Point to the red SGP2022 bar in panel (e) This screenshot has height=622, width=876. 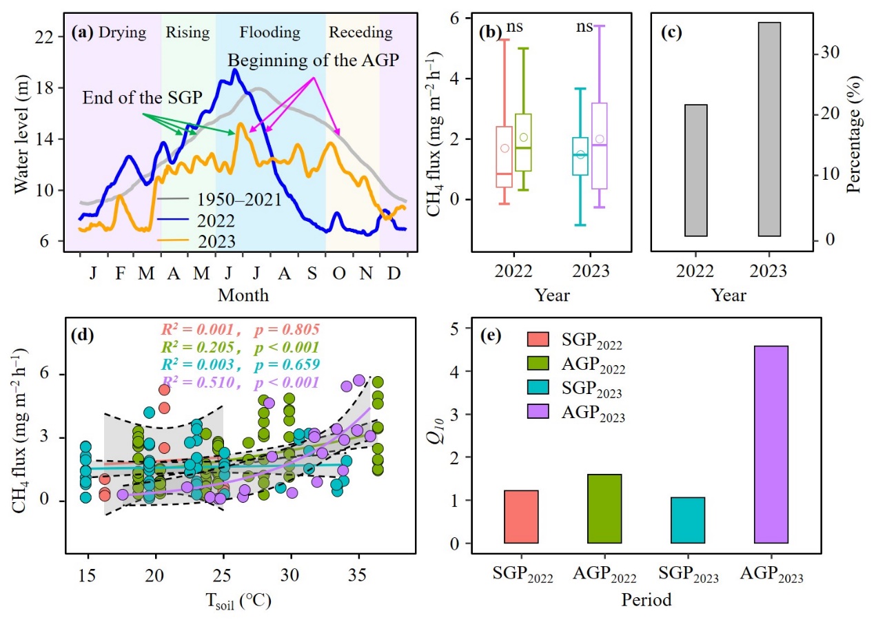[x=521, y=517]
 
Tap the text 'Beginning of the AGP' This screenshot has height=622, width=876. [x=314, y=60]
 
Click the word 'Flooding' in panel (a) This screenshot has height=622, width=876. [x=270, y=32]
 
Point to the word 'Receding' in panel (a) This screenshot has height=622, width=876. [x=360, y=32]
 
